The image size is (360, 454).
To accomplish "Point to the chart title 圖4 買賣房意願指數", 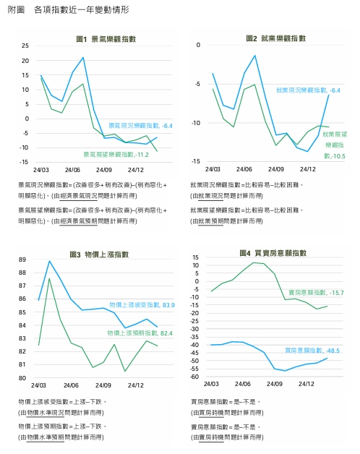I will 273,254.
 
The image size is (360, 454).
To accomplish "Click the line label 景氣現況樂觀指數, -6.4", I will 140,126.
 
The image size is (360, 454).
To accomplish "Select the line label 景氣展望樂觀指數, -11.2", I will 116,154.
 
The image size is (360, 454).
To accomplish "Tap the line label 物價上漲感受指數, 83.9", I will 142,305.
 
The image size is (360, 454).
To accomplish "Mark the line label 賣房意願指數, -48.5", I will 312,350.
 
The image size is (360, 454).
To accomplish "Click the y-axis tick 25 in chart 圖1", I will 25,45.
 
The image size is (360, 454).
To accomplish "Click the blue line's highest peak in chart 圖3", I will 49,261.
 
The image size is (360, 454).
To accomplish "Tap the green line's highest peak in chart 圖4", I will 254,262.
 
